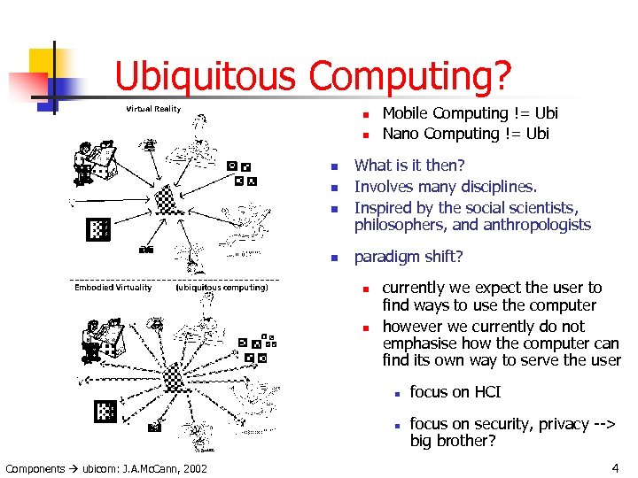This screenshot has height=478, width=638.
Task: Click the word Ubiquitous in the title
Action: [205, 77]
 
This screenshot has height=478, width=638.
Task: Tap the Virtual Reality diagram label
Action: [153, 109]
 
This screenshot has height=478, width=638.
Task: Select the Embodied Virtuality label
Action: [113, 287]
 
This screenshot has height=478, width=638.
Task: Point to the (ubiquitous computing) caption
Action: [222, 287]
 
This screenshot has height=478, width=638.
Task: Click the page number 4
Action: [615, 466]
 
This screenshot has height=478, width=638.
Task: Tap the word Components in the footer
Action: [35, 467]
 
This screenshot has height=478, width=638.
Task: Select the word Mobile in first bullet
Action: [406, 113]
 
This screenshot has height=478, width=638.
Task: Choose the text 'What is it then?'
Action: [408, 166]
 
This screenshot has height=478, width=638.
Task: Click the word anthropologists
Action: [537, 225]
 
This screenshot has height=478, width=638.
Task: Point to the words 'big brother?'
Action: [453, 441]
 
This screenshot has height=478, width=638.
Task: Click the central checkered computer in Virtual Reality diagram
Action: [165, 199]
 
